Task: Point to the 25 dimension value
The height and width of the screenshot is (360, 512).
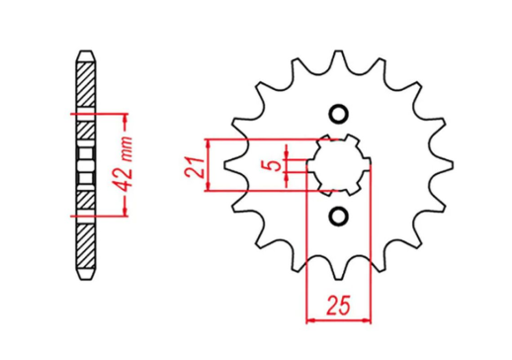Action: pyautogui.click(x=339, y=307)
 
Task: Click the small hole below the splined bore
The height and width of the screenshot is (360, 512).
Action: pyautogui.click(x=339, y=216)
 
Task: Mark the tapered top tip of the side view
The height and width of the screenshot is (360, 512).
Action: pyautogui.click(x=86, y=51)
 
